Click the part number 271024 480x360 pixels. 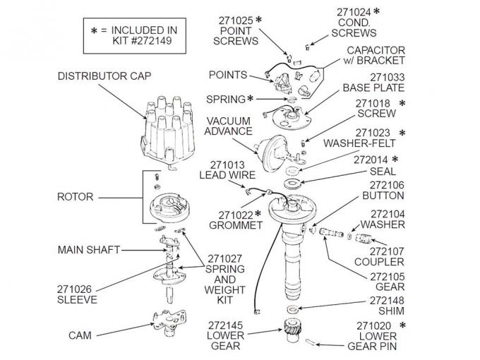pyautogui.click(x=354, y=12)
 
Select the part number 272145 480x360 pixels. pyautogui.click(x=226, y=325)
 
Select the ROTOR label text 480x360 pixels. pyautogui.click(x=76, y=197)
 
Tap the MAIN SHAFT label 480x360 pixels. pyautogui.click(x=89, y=249)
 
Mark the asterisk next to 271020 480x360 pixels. pyautogui.click(x=403, y=325)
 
